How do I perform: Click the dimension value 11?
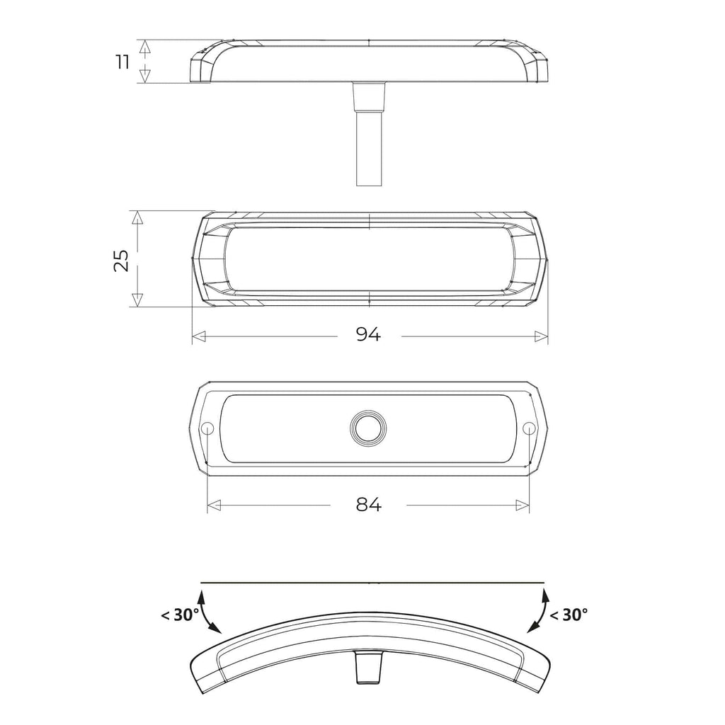point(122,62)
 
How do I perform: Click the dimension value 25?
point(122,261)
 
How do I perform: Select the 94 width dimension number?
point(368,334)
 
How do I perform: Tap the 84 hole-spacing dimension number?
point(369,504)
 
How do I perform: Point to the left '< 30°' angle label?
point(180,615)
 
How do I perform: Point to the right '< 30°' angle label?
point(569,615)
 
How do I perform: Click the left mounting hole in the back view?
point(207,428)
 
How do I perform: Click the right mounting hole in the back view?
point(528,428)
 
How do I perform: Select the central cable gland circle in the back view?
point(368,428)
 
